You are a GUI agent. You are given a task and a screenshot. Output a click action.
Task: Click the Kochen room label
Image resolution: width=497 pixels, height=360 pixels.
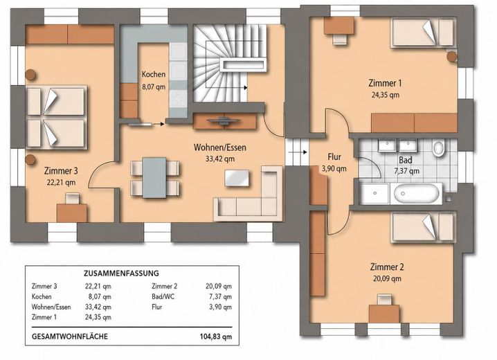click(x=154, y=75)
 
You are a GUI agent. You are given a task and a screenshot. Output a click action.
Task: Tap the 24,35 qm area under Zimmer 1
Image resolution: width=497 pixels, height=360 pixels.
click(x=385, y=95)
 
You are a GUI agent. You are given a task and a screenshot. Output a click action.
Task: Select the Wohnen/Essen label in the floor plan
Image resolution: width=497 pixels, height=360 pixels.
click(x=219, y=147)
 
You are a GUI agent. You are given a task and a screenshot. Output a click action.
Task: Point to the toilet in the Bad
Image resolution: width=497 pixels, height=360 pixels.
click(x=439, y=148)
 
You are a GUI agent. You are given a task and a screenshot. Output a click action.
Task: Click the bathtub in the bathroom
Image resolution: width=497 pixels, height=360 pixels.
click(x=417, y=193)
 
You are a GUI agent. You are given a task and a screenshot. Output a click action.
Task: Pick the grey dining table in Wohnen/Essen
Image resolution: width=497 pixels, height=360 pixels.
click(x=154, y=177)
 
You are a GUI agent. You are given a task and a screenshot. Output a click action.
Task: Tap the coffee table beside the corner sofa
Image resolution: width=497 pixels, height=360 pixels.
click(x=237, y=178)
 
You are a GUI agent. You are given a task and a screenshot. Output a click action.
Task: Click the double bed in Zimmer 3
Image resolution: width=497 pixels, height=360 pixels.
click(x=57, y=118)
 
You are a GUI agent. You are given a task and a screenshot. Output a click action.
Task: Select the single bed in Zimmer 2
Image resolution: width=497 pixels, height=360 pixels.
click(x=423, y=227)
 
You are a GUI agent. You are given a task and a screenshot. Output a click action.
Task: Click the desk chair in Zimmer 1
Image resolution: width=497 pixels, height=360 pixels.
click(x=340, y=39)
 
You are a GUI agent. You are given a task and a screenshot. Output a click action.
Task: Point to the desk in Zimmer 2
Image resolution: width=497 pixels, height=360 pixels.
click(x=384, y=314)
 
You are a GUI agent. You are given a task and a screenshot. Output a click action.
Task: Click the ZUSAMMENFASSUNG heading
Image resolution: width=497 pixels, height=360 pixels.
click(x=121, y=273)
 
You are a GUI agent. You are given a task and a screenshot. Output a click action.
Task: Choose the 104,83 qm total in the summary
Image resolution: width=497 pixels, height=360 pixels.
click(x=216, y=336)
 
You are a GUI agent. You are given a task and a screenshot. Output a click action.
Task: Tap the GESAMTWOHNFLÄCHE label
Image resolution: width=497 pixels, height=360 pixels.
click(x=70, y=336)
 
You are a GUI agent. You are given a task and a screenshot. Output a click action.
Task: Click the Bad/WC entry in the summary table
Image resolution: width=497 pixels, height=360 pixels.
click(x=163, y=296)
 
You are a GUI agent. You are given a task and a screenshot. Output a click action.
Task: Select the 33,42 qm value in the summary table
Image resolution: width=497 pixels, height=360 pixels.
click(x=98, y=307)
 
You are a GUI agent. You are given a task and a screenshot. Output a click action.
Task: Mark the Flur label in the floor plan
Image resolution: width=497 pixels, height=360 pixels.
click(x=334, y=157)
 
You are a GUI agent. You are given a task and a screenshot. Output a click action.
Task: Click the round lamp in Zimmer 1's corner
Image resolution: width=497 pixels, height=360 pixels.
click(x=452, y=56)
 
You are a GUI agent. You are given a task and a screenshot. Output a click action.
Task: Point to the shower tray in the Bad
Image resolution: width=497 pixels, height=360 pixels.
click(x=375, y=193)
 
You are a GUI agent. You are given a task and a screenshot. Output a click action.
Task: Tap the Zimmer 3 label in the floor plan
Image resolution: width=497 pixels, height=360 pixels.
click(x=61, y=171)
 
